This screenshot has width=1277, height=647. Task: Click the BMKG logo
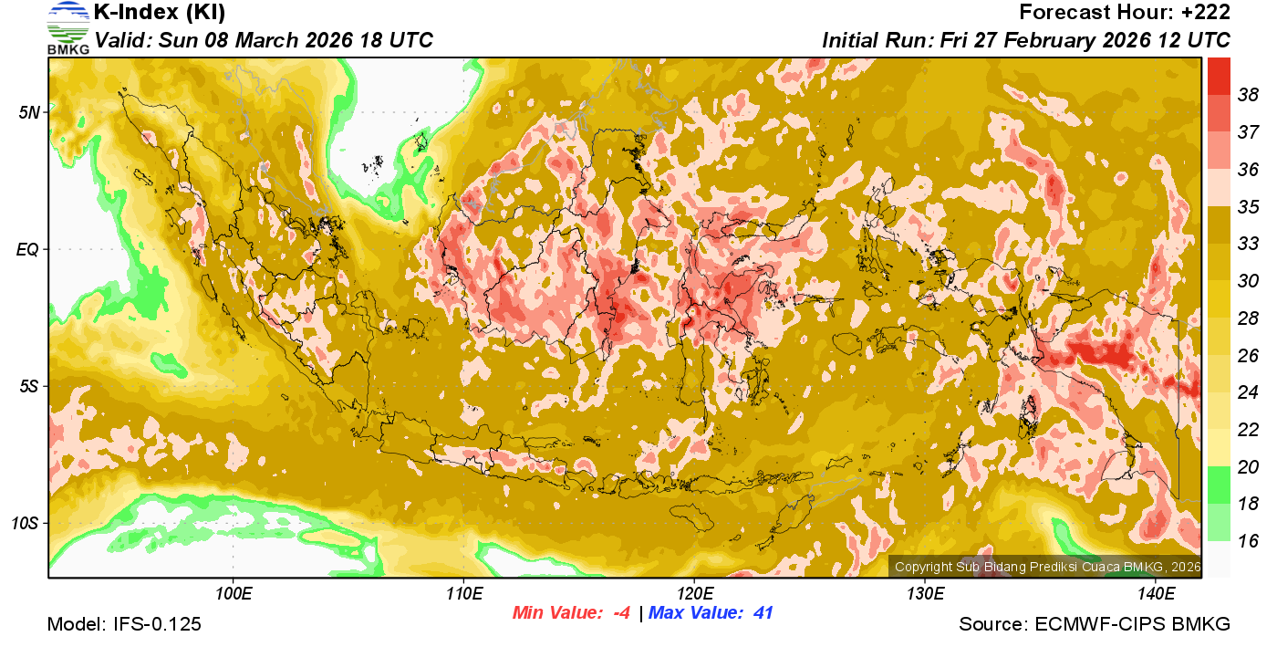tap(68, 28)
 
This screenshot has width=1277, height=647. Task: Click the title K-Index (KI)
tap(160, 13)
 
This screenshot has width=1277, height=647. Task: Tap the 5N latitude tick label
tap(29, 112)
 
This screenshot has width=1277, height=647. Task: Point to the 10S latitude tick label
tap(26, 523)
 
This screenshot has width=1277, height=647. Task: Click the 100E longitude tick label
tap(234, 593)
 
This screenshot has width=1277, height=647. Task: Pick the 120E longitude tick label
tap(694, 593)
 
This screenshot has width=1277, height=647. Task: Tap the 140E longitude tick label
tap(1156, 593)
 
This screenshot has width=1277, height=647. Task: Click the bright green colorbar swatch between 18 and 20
tap(1219, 485)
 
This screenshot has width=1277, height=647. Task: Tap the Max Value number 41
tap(763, 613)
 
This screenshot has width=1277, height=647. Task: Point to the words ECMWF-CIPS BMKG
tap(1132, 625)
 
